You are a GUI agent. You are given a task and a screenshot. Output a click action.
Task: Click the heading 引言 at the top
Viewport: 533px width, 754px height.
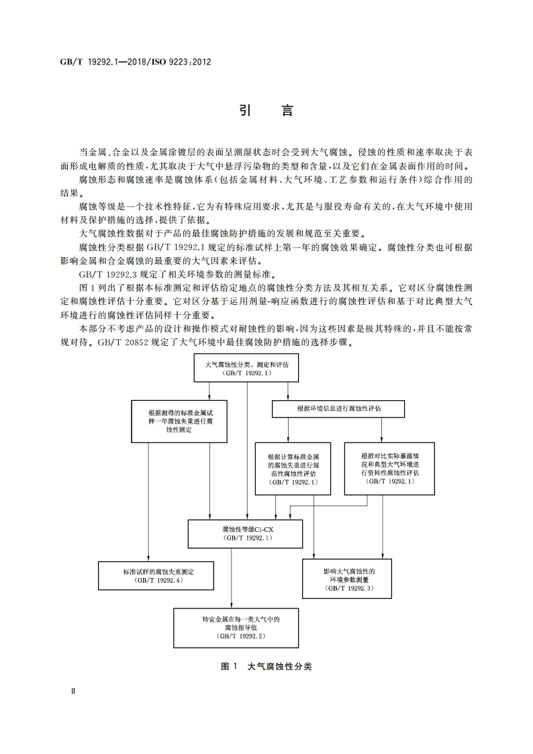pyautogui.click(x=266, y=111)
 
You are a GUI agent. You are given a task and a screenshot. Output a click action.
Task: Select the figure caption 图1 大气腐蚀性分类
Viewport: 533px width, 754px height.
pyautogui.click(x=266, y=667)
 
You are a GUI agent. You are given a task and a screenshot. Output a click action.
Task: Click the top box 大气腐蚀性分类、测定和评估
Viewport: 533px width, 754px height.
pyautogui.click(x=246, y=368)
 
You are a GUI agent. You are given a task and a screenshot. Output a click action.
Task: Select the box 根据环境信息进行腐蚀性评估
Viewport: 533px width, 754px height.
pyautogui.click(x=338, y=408)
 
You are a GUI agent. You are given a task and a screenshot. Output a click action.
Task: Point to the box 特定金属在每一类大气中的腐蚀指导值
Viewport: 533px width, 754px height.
pyautogui.click(x=240, y=626)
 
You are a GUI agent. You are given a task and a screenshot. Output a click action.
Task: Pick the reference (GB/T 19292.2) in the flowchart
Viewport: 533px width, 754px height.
pyautogui.click(x=240, y=635)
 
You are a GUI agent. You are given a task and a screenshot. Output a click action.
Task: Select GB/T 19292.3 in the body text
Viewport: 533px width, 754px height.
pyautogui.click(x=102, y=274)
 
